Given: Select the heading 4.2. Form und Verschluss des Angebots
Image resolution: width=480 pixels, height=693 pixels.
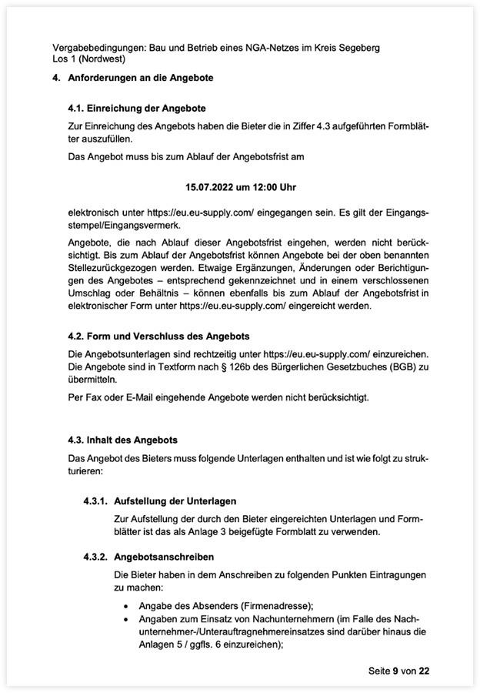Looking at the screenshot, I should point(158,336).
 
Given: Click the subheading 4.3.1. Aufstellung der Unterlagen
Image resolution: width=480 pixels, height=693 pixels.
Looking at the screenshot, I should point(159,501).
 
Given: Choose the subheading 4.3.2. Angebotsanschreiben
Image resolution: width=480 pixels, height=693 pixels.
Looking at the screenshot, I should point(148,556).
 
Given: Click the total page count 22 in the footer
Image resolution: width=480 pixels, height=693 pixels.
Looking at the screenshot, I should point(424,671).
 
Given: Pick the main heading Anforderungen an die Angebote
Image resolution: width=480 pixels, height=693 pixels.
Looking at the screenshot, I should point(142,79).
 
